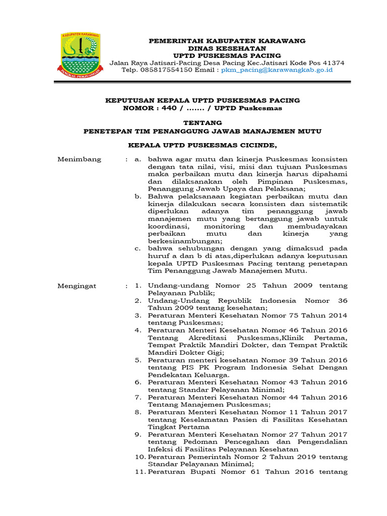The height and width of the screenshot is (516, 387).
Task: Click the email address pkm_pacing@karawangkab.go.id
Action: [277, 70]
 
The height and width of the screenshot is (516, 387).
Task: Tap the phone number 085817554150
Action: [165, 70]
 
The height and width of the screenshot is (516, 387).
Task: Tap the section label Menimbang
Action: [79, 159]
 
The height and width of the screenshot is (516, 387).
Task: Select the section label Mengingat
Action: [77, 286]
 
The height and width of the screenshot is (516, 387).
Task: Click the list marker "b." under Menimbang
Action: [138, 197]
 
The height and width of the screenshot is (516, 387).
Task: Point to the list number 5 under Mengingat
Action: [138, 360]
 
